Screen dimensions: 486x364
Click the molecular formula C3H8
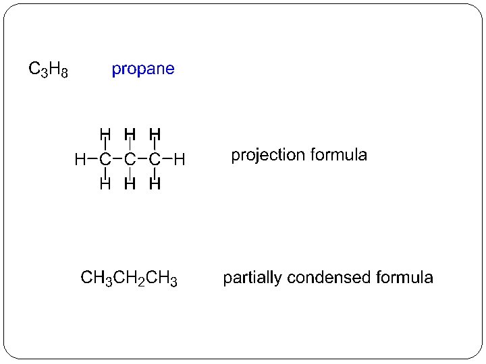(47, 69)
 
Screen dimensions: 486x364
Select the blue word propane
(143, 69)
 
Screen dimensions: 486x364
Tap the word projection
(268, 156)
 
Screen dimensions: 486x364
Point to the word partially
(252, 278)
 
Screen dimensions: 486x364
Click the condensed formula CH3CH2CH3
(129, 278)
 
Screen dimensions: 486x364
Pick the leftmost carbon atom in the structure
(105, 160)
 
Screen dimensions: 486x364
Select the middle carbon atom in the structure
(130, 160)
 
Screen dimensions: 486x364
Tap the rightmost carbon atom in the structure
(155, 160)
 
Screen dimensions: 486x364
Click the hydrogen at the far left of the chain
(80, 160)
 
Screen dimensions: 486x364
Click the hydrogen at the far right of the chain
(180, 160)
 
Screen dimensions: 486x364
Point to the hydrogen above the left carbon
(105, 134)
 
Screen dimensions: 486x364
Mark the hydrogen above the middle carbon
(130, 134)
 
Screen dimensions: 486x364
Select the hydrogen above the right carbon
(155, 134)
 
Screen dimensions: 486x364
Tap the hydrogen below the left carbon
(105, 183)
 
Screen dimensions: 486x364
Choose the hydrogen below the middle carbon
(130, 183)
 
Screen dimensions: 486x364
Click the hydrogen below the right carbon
(155, 183)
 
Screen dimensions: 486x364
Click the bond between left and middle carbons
(117, 160)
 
